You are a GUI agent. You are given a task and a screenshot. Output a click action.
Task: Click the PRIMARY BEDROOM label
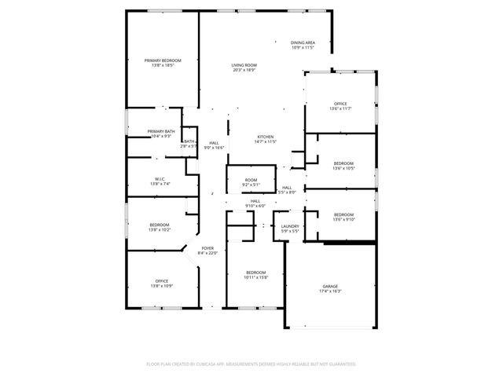click(x=162, y=60)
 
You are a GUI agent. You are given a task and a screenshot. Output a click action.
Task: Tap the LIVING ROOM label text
click(x=244, y=65)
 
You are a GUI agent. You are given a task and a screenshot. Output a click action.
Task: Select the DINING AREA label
click(x=303, y=42)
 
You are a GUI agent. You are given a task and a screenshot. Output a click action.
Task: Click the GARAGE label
click(x=330, y=286)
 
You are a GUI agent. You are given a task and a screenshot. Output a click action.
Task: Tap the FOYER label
click(x=207, y=247)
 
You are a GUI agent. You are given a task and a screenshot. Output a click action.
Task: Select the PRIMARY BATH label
click(x=160, y=131)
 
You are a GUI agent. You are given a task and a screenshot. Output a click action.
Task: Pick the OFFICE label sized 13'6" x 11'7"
click(x=340, y=103)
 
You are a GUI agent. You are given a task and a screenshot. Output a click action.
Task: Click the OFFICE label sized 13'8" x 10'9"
click(x=161, y=280)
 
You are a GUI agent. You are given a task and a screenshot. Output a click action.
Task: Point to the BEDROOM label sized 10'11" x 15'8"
click(x=256, y=272)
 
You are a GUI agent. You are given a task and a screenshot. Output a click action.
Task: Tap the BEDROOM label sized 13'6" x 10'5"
click(x=343, y=163)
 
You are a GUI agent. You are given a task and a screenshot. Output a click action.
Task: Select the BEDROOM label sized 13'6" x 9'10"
click(x=343, y=214)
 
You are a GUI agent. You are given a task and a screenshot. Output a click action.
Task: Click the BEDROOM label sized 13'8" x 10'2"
click(x=159, y=225)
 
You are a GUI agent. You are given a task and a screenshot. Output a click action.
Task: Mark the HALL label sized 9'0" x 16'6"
click(x=214, y=142)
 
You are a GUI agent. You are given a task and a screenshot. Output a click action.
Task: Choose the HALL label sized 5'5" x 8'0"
click(x=288, y=187)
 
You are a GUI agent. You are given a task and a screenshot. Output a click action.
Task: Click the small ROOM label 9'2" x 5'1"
click(x=251, y=180)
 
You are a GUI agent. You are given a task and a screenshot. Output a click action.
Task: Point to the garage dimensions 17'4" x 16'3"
click(x=330, y=291)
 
